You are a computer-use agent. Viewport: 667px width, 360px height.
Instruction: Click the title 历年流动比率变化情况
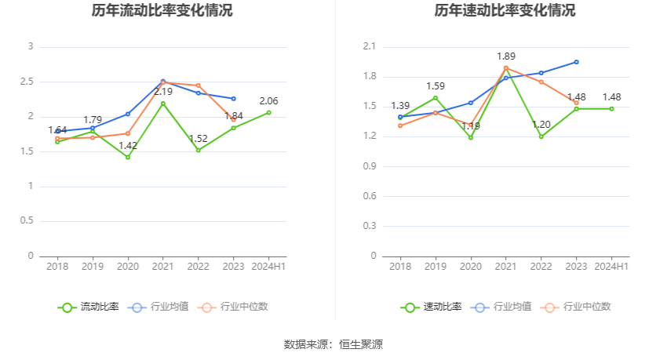(162, 11)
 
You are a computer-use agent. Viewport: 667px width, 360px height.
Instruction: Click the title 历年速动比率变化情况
(505, 11)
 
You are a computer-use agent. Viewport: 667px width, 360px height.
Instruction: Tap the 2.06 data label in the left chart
(268, 101)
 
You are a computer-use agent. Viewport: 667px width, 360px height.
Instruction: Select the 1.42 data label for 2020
(128, 146)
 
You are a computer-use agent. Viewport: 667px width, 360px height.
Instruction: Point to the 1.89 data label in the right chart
(506, 56)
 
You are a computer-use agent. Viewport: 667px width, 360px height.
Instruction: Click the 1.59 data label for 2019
(436, 86)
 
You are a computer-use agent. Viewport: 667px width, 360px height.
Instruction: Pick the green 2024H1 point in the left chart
(268, 112)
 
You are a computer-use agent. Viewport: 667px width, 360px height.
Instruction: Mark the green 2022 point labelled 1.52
(199, 150)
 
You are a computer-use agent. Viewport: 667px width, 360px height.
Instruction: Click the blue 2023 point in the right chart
(576, 61)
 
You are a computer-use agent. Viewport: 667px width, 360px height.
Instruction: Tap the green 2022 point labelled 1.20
(541, 136)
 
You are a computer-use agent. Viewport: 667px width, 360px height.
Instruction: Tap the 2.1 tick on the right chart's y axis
(370, 47)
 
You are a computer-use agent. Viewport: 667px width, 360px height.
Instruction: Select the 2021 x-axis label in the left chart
(163, 267)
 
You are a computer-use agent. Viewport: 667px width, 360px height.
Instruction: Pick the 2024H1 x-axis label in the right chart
(611, 267)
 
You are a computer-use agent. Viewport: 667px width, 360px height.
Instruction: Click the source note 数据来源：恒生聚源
(333, 344)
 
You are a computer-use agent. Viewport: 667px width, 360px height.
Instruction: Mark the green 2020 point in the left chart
(128, 157)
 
